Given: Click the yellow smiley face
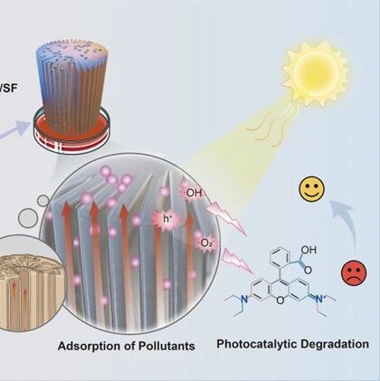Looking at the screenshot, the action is point(312,189).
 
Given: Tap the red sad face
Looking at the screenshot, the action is point(354,273).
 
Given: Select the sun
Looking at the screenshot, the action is point(315,73).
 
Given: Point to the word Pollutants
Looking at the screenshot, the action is point(166,346).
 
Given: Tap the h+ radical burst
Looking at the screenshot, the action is point(166,219).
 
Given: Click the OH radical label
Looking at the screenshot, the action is point(194,193).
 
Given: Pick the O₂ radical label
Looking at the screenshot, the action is point(205,243).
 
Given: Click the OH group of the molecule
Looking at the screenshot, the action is point(309,250).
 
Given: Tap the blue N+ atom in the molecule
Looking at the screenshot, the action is point(319,299).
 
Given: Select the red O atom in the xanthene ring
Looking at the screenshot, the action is point(280,300).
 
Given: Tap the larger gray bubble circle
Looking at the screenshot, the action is point(28,218).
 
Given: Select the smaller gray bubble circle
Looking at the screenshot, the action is point(43,201).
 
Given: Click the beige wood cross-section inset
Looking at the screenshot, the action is point(30,283).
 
